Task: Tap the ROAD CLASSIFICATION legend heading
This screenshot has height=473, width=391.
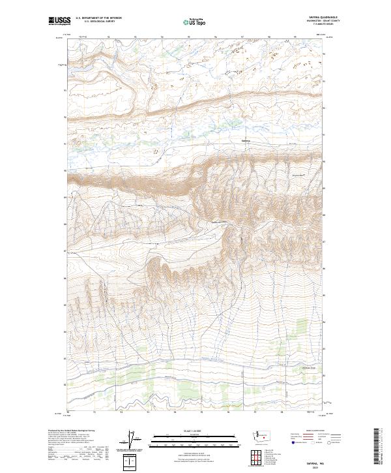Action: point(315,429)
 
